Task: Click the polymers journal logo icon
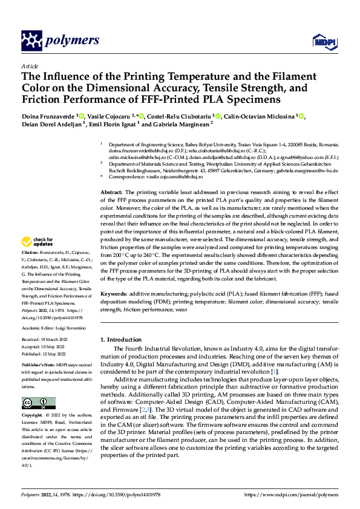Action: pyautogui.click(x=32, y=41)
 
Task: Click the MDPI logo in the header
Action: pyautogui.click(x=324, y=41)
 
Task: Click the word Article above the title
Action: pyautogui.click(x=30, y=66)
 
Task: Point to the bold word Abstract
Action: pyautogui.click(x=113, y=191)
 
